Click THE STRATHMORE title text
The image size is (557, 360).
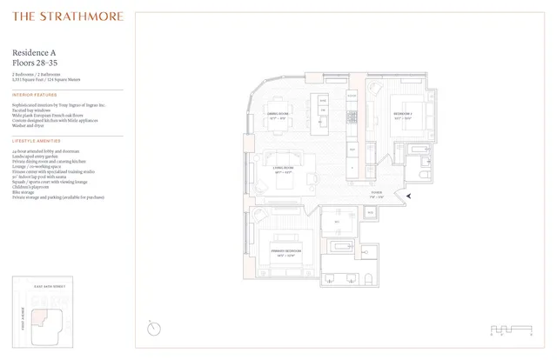[68, 17]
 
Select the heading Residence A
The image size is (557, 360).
[36, 53]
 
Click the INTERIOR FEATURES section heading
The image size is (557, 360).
[34, 94]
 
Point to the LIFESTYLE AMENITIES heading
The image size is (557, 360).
[37, 140]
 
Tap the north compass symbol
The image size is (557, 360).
[154, 327]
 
